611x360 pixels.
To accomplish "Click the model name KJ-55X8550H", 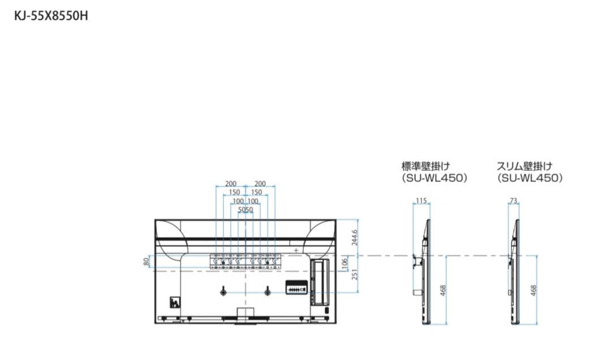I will (51, 16).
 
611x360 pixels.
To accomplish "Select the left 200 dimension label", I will (231, 184).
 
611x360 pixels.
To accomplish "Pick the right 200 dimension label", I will (260, 184).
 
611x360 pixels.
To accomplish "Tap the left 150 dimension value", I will (234, 192).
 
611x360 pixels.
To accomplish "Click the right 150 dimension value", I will (256, 192).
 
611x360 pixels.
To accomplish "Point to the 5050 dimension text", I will (245, 209).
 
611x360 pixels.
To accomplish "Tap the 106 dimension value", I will (345, 263).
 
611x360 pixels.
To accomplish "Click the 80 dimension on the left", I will (146, 262).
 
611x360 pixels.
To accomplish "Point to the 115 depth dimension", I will (420, 201).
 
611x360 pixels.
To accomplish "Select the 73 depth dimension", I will (514, 201).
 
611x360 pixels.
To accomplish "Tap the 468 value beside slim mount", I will (533, 290).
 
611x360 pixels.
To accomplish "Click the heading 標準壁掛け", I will (425, 166).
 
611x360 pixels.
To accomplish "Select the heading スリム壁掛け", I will (524, 166).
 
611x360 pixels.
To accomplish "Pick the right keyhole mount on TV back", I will (267, 291).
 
